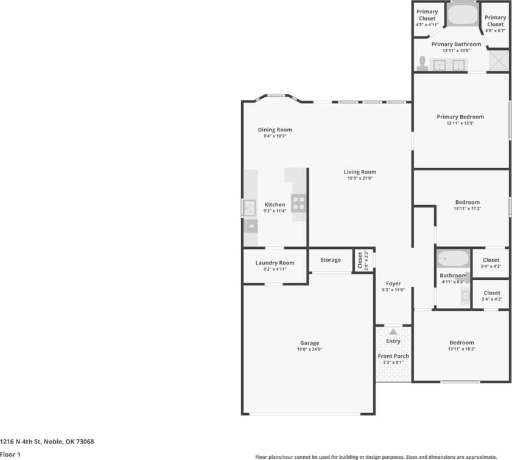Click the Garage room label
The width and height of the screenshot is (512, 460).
coord(309,343)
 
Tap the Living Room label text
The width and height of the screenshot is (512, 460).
coord(360,172)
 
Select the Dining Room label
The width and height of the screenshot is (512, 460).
coord(275,130)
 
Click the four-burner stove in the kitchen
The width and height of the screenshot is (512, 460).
coord(298,203)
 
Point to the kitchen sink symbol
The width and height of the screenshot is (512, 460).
coord(250,208)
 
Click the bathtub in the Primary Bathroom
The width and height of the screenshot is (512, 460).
coord(464,16)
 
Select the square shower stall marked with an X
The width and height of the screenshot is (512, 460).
coord(498,61)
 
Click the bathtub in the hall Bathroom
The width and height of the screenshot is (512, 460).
coord(452,259)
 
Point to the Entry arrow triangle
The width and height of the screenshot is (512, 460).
coord(393,332)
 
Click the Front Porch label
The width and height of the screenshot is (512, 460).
coord(393,356)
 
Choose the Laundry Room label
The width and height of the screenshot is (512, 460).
coord(275,263)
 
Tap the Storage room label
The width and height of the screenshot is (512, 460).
coord(331,260)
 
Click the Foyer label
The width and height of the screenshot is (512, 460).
coord(393,284)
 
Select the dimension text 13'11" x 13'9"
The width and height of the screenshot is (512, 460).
coord(460,123)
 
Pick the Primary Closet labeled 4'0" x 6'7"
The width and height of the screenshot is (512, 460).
coord(495,21)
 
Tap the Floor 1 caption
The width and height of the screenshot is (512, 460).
coord(10,454)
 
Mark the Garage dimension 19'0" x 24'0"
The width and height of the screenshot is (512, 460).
coord(309,349)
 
